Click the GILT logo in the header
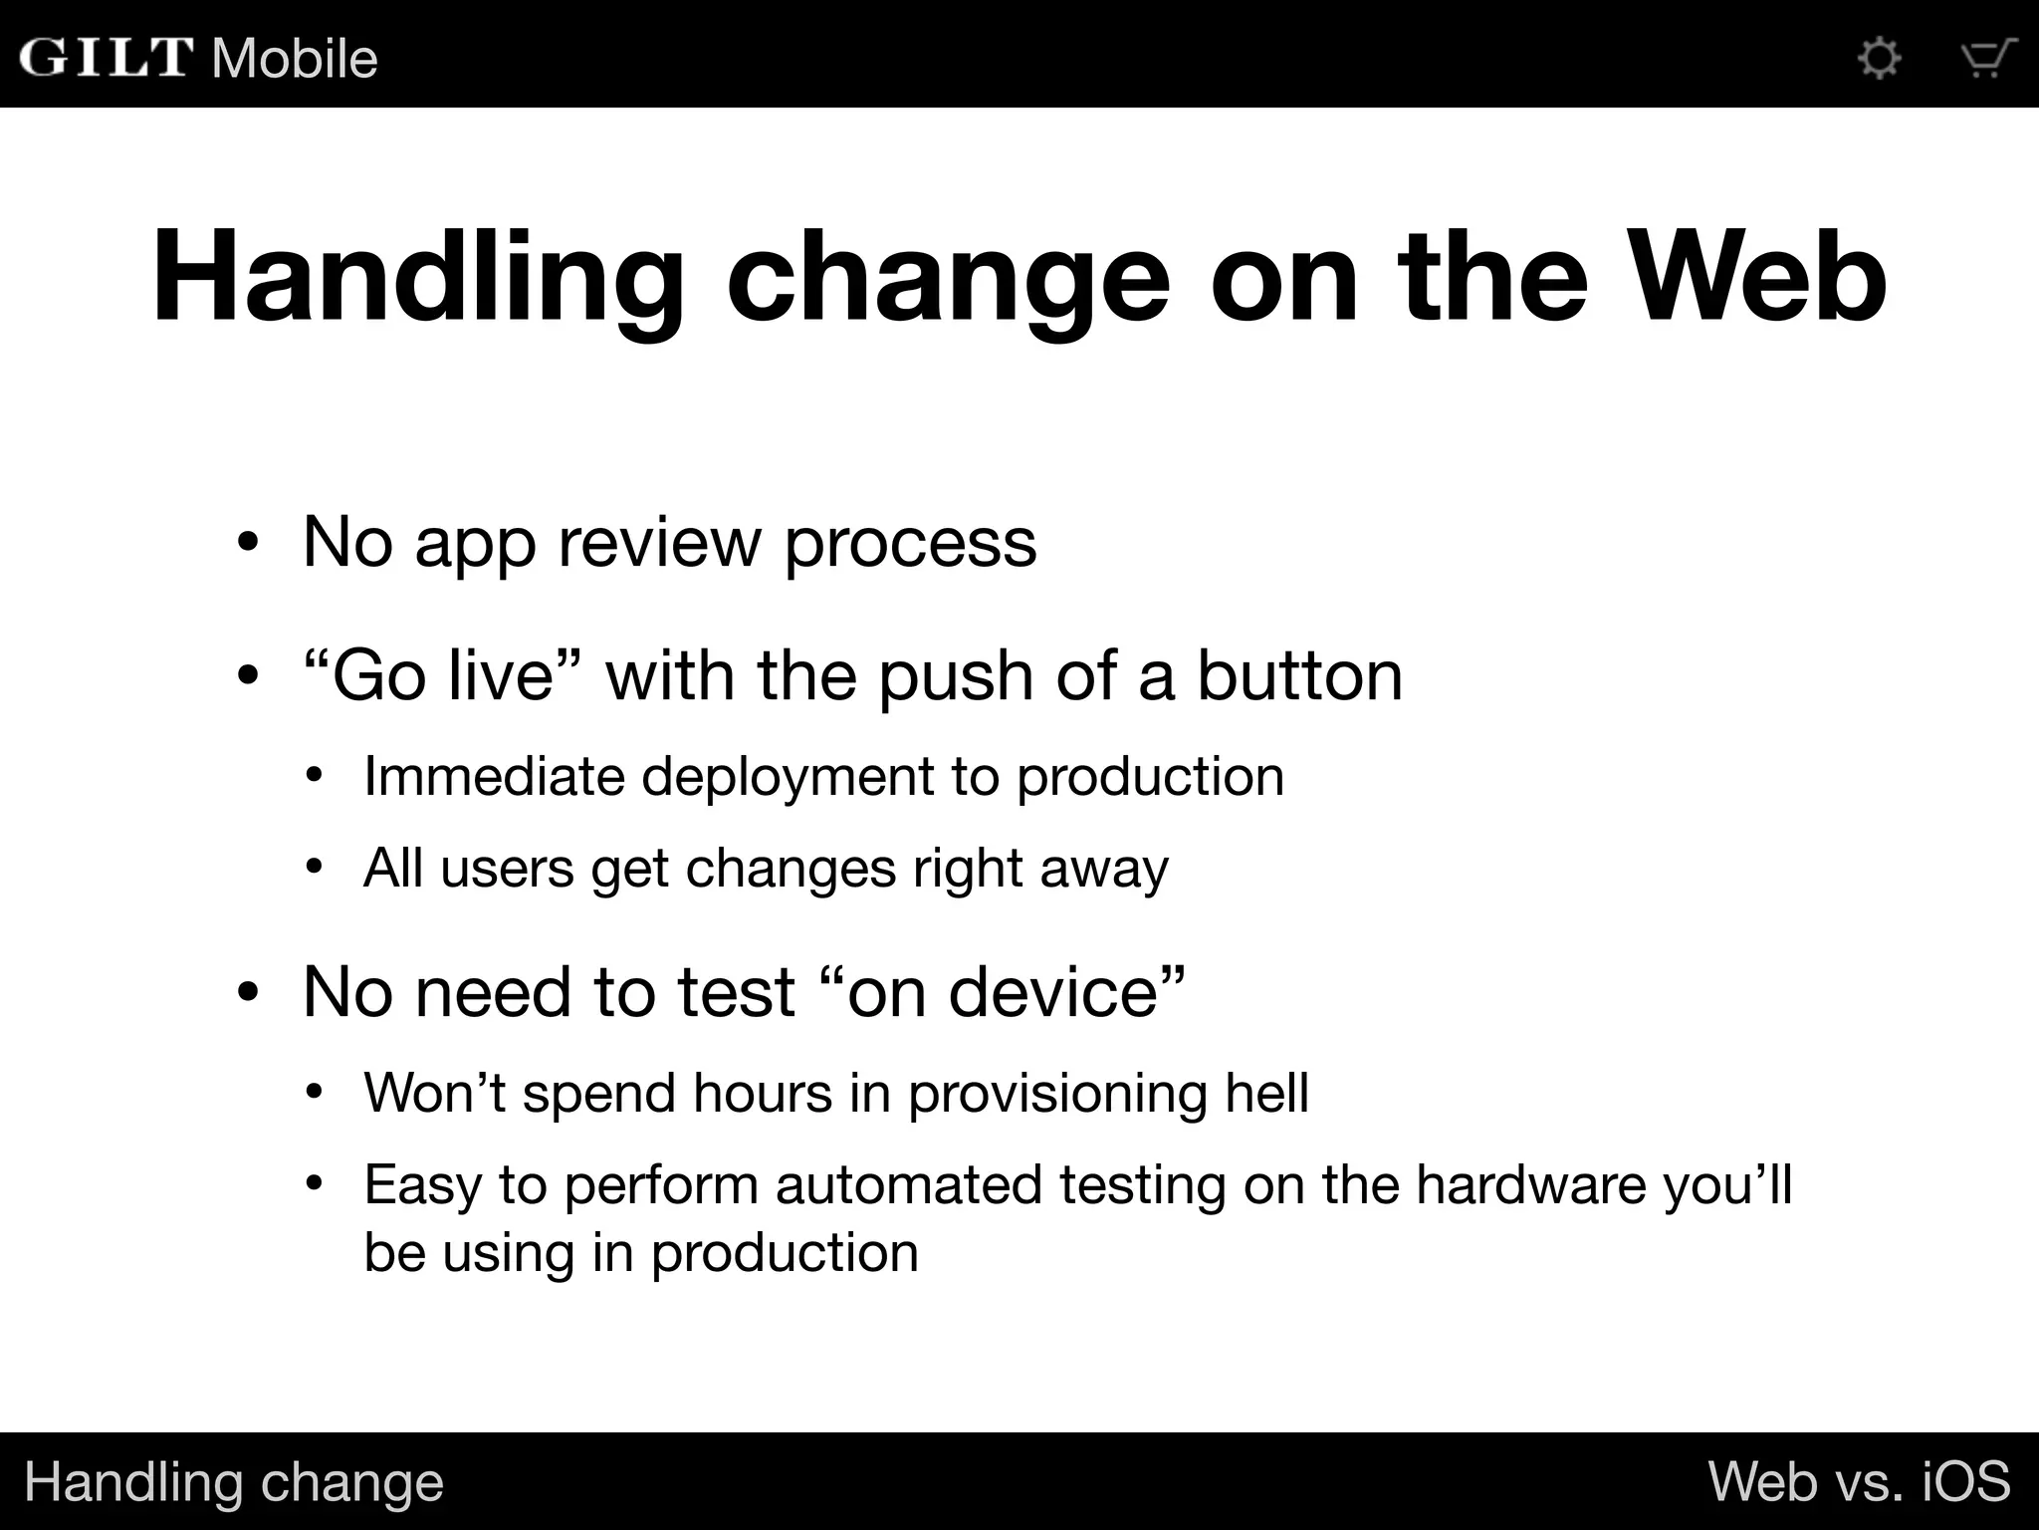(106, 57)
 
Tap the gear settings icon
(1879, 58)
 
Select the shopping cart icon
(1987, 58)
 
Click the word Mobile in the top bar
(295, 59)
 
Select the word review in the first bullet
(659, 543)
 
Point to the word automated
(908, 1185)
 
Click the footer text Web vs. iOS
(1859, 1481)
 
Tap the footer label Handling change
(234, 1482)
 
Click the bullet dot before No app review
(248, 544)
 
